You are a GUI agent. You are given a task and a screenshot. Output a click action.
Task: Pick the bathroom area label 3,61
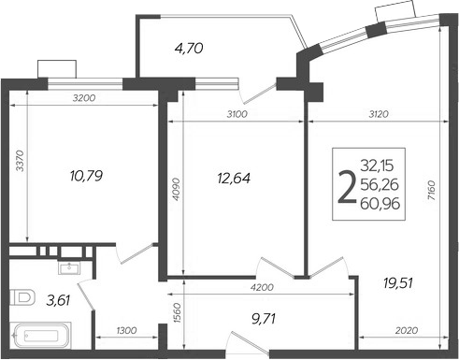point(59,301)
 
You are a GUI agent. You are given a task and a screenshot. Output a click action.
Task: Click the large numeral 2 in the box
point(347,188)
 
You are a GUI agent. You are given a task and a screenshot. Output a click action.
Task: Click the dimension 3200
point(86,98)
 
